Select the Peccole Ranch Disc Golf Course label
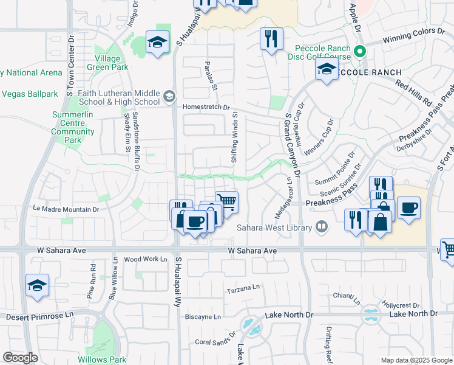pyautogui.click(x=314, y=53)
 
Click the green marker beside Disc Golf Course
pyautogui.click(x=360, y=52)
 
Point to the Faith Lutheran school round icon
pyautogui.click(x=168, y=96)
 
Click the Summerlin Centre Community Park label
pyautogui.click(x=72, y=127)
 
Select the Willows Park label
pyautogui.click(x=102, y=360)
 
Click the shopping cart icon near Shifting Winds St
pyautogui.click(x=227, y=201)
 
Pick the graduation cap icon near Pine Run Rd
pyautogui.click(x=37, y=285)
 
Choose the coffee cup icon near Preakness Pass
pyautogui.click(x=408, y=207)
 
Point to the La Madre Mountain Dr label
pyautogui.click(x=66, y=209)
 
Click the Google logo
pyautogui.click(x=20, y=358)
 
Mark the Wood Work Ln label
pyautogui.click(x=145, y=259)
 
